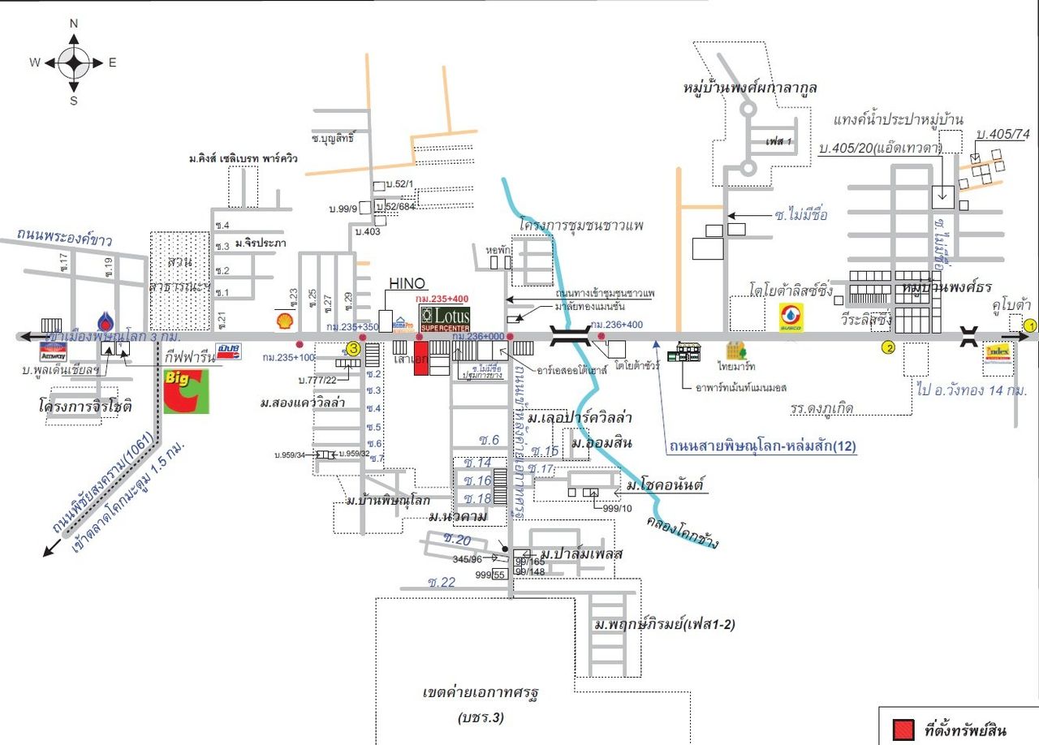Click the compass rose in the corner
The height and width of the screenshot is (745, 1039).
[x=74, y=62]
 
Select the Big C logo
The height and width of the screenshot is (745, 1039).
[x=186, y=391]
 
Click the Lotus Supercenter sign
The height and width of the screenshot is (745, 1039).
[x=444, y=318]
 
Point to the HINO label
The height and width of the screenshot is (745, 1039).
[x=407, y=283]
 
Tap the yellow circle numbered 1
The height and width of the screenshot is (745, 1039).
[x=1029, y=326]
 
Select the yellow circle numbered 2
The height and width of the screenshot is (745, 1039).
[x=888, y=349]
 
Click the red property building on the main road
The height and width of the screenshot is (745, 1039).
[x=421, y=358]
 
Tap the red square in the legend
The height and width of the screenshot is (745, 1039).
[x=902, y=730]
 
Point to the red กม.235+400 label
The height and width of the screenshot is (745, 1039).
[x=445, y=299]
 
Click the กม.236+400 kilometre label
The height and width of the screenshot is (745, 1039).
[x=617, y=324]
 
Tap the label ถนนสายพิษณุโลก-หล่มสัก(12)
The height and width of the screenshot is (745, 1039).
[x=763, y=446]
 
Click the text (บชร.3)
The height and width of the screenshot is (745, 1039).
[x=481, y=718]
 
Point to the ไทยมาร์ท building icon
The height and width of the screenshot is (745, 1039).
[x=737, y=351]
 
